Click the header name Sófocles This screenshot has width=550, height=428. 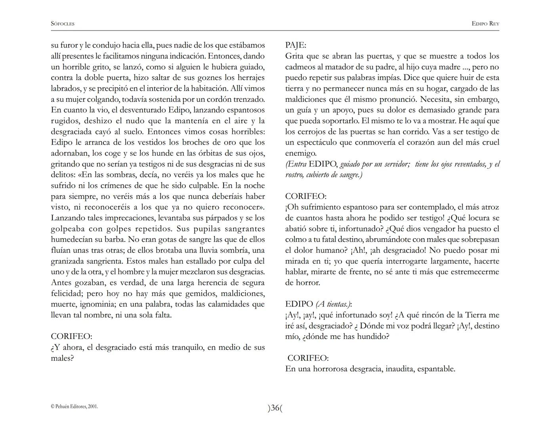(63, 24)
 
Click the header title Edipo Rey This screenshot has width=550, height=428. (485, 24)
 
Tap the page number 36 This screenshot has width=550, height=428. (275, 408)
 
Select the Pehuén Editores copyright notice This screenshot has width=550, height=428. (74, 406)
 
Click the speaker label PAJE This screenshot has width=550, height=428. (295, 45)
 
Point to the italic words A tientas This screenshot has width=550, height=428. (333, 304)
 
